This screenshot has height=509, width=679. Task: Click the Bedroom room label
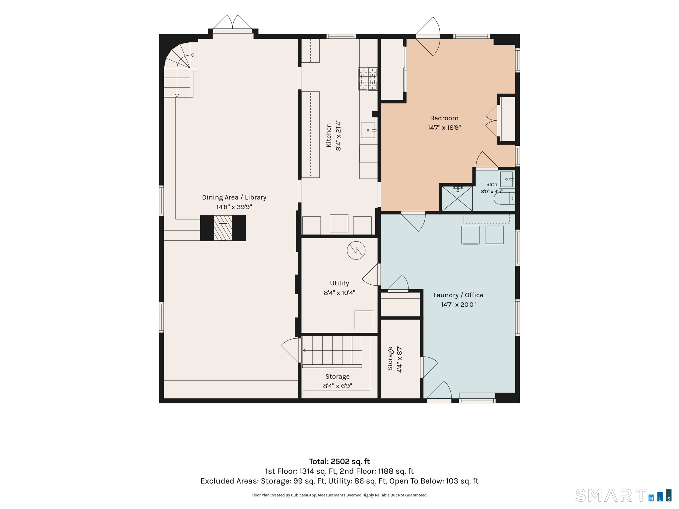[x=444, y=118]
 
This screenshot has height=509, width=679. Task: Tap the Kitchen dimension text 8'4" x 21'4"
[x=338, y=135]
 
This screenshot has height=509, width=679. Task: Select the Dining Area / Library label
[x=234, y=197]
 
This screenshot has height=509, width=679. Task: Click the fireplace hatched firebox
[x=223, y=228]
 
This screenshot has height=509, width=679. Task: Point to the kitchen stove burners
[x=368, y=79]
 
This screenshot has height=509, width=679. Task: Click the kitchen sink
[x=368, y=130]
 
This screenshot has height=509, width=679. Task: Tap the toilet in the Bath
[x=504, y=198]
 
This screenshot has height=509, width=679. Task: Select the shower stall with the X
[x=457, y=198]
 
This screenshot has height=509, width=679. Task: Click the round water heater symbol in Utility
[x=356, y=250]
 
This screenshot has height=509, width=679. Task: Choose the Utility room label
[x=339, y=283]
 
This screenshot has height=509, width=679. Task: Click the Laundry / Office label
[x=458, y=295]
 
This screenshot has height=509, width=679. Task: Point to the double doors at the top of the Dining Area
[x=232, y=23]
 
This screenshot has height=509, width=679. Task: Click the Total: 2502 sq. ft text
[x=339, y=461]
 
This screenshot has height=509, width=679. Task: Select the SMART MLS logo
[x=623, y=496]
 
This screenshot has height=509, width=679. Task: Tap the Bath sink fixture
[x=507, y=179]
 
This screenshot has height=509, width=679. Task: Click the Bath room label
[x=492, y=184]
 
